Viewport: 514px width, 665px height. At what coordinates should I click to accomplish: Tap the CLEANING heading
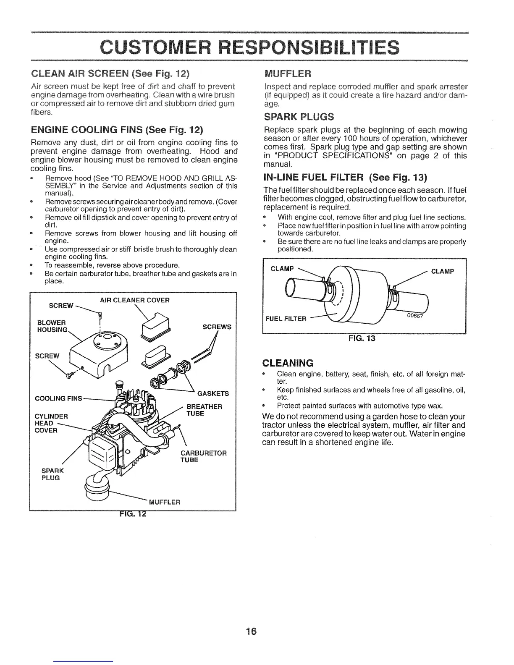288,363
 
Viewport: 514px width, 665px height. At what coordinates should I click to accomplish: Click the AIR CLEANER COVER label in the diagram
134,300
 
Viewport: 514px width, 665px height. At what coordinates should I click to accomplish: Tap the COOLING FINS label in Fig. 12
58,398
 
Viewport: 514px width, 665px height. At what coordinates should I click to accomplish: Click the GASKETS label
213,393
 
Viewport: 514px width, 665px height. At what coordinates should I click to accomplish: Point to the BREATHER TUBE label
204,410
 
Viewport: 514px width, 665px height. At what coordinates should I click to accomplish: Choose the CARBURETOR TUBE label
203,456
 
